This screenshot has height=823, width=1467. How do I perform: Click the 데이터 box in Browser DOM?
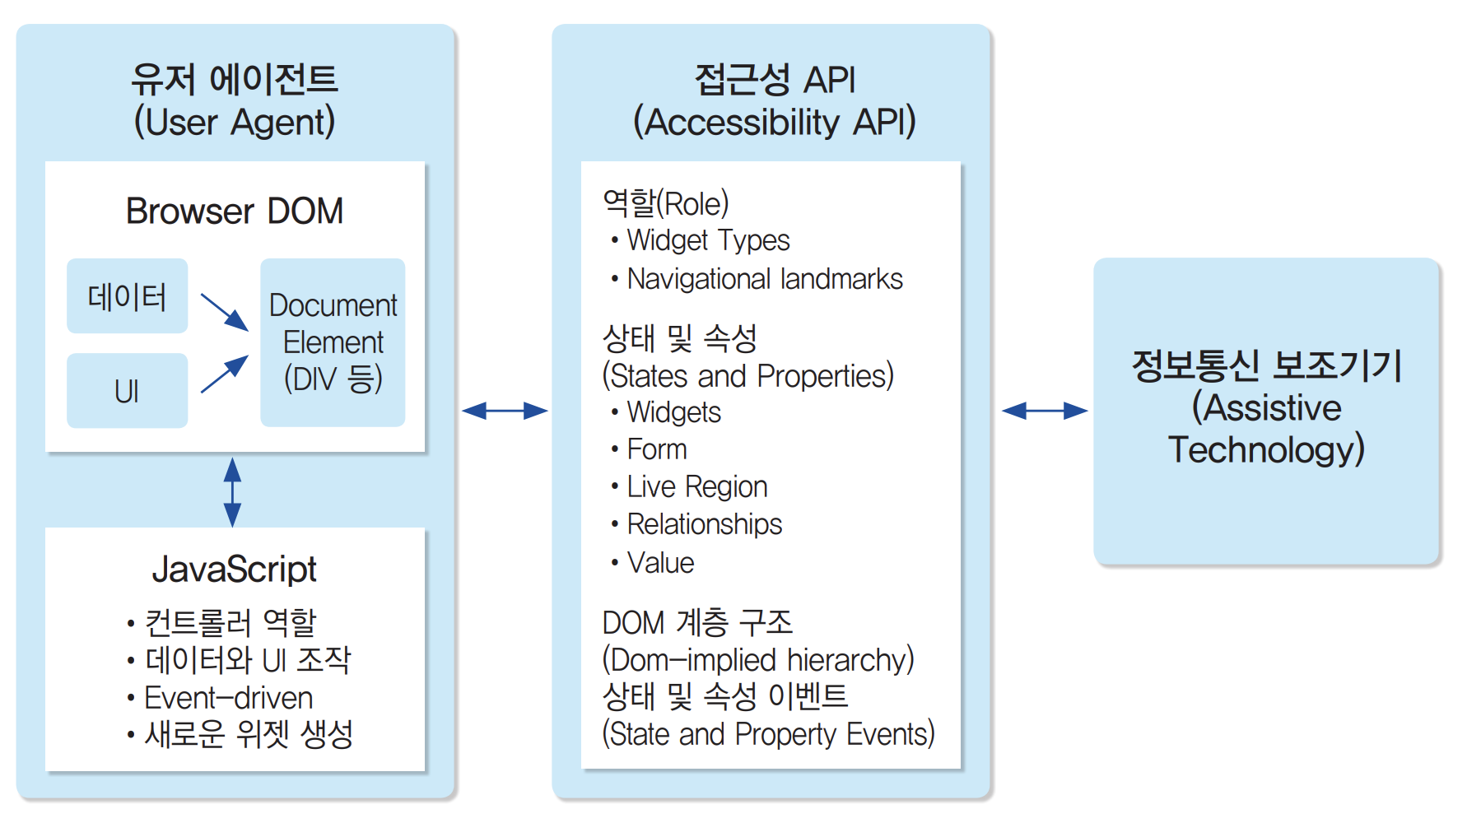(x=127, y=296)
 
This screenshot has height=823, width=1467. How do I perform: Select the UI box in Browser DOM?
(x=127, y=391)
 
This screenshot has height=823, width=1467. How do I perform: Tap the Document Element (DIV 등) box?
(x=333, y=342)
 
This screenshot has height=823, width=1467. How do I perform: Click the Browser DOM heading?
(x=235, y=211)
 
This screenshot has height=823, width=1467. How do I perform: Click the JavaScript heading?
(x=235, y=569)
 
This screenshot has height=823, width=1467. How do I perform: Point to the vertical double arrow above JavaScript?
(x=233, y=492)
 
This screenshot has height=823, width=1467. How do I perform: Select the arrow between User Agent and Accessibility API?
(x=505, y=411)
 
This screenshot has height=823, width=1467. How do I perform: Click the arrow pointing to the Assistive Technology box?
(x=1045, y=411)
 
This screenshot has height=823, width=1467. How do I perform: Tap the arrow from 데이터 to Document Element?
(x=224, y=312)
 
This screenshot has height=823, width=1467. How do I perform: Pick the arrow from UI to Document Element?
(x=224, y=374)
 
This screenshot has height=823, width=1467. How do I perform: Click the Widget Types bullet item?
(x=707, y=240)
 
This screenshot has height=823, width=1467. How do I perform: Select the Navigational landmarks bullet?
(x=764, y=279)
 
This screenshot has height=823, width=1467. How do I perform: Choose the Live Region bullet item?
(x=696, y=486)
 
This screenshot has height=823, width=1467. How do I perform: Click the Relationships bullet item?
(x=704, y=524)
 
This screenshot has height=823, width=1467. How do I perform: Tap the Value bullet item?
(x=660, y=563)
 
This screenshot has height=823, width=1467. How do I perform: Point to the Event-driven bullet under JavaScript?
(x=228, y=698)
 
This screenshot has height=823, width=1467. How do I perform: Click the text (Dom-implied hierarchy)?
(x=758, y=660)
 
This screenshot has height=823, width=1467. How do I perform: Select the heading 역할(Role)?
(x=666, y=203)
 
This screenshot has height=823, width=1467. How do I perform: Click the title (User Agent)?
(x=235, y=122)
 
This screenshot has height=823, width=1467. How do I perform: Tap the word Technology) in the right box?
(x=1266, y=449)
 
